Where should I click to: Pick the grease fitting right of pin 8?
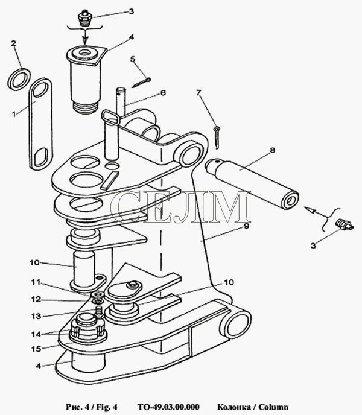(x=344, y=224)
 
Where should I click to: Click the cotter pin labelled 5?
(x=141, y=82)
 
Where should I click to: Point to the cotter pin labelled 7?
(x=217, y=138)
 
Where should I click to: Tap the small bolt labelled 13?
(x=98, y=311)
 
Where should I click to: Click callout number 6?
(x=163, y=93)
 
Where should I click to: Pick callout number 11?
(x=36, y=282)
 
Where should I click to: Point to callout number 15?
(x=36, y=349)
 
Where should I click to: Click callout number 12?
(x=36, y=299)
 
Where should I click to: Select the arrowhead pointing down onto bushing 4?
(x=85, y=41)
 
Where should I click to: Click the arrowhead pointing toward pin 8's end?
(x=309, y=210)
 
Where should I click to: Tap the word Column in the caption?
(x=273, y=407)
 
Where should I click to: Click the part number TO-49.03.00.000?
(x=168, y=407)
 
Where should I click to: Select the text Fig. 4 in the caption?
(x=107, y=407)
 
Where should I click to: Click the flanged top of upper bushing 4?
(x=86, y=55)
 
